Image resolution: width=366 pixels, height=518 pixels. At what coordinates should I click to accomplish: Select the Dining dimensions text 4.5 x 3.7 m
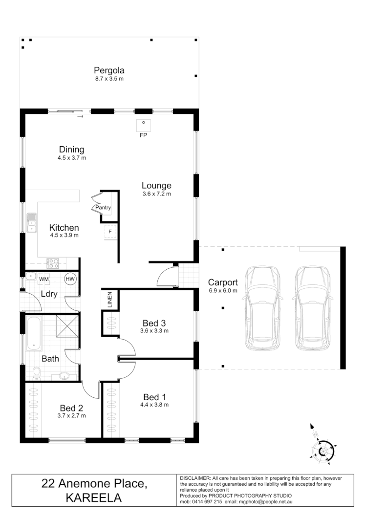[72, 158]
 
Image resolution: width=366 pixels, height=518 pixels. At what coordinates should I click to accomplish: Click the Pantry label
[103, 208]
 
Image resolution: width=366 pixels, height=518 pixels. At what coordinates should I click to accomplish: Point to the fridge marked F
[110, 231]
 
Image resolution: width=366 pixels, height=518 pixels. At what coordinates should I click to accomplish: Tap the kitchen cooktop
[53, 263]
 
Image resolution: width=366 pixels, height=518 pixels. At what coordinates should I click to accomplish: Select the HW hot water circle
[71, 279]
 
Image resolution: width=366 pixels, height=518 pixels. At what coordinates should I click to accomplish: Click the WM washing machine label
[44, 279]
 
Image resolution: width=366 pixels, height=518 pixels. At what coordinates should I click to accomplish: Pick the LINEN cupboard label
[109, 299]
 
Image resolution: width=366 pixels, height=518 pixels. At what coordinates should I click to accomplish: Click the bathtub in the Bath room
[33, 333]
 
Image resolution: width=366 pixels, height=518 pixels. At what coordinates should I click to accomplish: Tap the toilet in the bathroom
[36, 373]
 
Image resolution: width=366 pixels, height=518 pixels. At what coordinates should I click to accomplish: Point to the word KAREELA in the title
[93, 498]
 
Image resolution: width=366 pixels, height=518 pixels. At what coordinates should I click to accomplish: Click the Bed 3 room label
[154, 323]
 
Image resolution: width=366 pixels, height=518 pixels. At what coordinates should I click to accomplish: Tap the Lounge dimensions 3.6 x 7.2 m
[156, 194]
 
